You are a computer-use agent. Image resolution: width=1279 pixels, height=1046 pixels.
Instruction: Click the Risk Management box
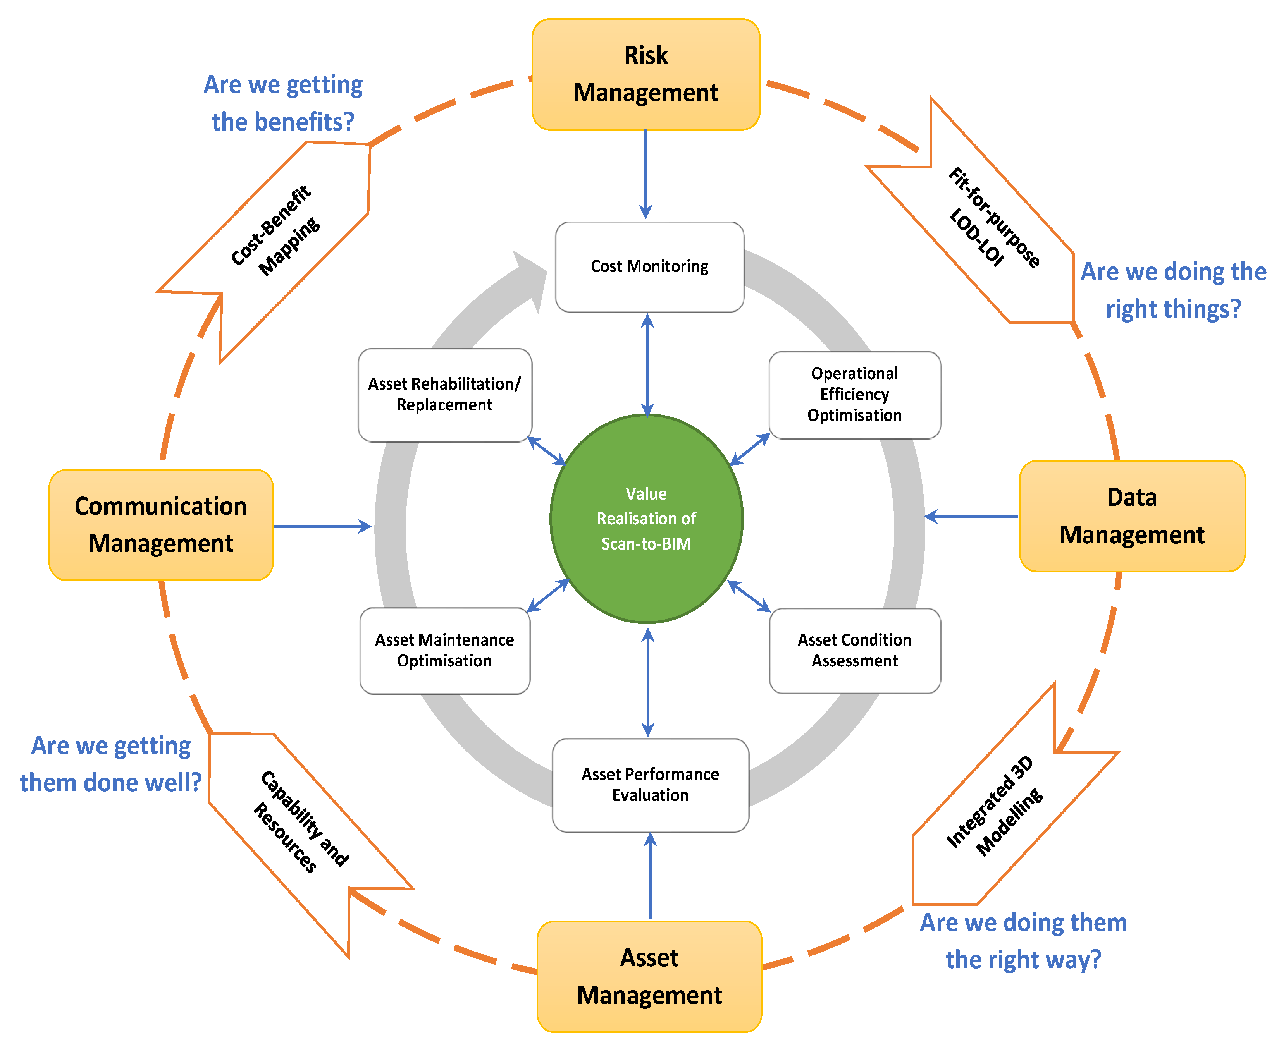[646, 74]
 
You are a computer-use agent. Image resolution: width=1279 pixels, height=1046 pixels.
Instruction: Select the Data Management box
[1131, 516]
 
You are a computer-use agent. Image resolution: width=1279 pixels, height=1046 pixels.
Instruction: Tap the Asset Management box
[649, 976]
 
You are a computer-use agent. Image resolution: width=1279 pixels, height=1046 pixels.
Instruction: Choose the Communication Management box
[161, 525]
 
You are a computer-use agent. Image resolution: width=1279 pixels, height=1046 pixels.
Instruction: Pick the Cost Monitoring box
[649, 267]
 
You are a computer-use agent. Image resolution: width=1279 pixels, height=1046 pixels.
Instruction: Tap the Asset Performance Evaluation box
[650, 785]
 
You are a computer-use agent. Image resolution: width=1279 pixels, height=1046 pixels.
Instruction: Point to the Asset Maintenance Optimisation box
[445, 651]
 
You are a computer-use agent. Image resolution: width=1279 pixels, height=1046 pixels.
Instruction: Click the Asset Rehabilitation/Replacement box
[445, 395]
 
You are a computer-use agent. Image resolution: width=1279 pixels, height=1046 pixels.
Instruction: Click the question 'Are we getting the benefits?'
[283, 103]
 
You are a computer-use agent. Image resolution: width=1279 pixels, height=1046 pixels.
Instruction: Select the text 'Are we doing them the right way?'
[1023, 941]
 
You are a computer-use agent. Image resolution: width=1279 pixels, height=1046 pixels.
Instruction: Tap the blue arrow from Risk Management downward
[646, 175]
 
